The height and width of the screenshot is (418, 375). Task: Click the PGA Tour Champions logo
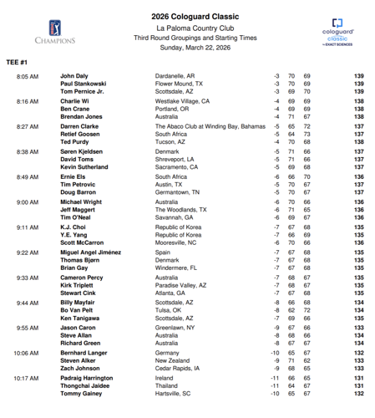coord(54,30)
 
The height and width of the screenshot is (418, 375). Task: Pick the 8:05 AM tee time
coord(27,76)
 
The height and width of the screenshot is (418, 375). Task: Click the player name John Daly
coord(74,76)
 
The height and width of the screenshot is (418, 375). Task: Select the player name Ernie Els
coord(73,176)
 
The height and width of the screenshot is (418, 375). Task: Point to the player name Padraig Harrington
coord(89,378)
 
